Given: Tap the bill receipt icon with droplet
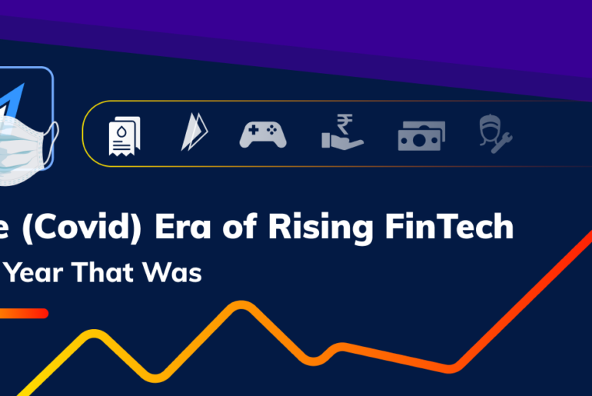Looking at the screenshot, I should (123, 135).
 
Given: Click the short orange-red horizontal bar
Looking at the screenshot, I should (23, 313).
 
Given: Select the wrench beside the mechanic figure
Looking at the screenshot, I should (504, 141).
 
